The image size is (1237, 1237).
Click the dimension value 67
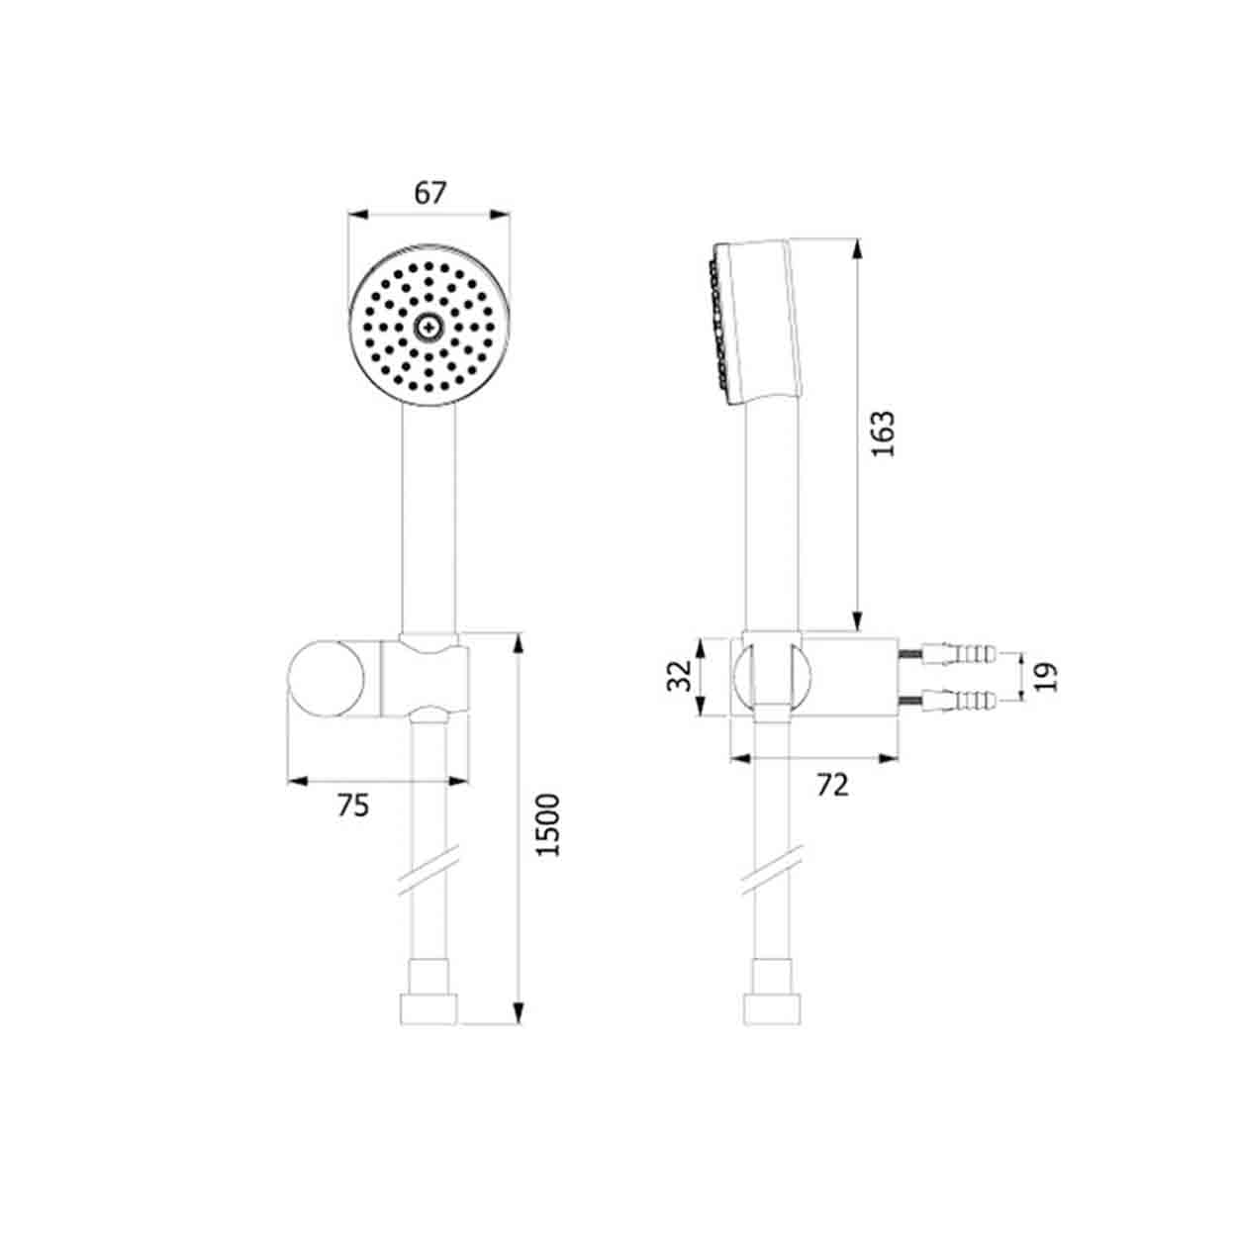click(429, 193)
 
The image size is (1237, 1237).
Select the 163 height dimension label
click(883, 433)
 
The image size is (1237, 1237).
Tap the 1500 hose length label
click(548, 825)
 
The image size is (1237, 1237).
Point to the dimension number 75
click(353, 806)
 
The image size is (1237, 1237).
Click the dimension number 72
click(832, 785)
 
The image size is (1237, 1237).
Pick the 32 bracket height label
click(679, 676)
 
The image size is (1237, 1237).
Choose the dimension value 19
click(1046, 677)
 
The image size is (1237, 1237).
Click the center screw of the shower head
click(428, 328)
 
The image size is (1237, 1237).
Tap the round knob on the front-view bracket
click(327, 679)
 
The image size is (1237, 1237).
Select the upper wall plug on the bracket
click(947, 655)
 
